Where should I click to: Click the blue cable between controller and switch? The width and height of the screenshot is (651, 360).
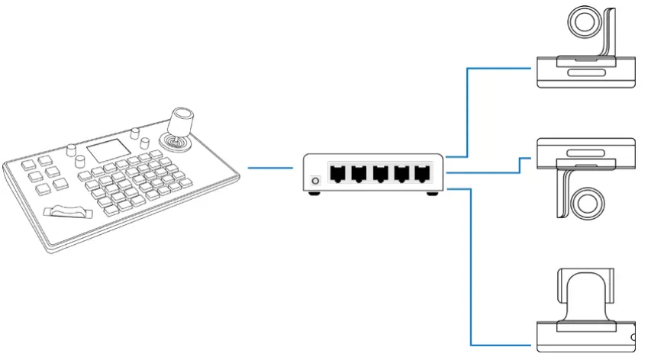(271, 167)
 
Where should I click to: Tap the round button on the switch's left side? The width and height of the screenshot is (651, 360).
(314, 182)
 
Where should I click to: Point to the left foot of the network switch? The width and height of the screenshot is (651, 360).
(313, 194)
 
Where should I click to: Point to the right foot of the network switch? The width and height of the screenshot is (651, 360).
(433, 194)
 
